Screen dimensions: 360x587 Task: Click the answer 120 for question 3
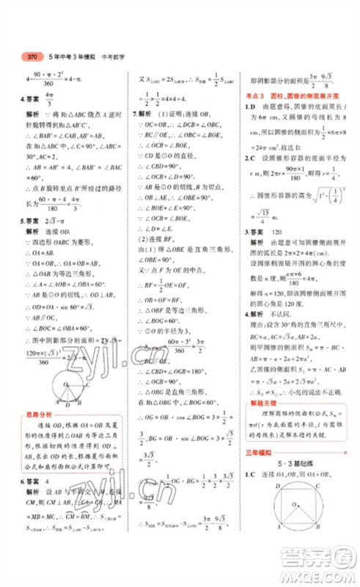[x=279, y=231]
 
